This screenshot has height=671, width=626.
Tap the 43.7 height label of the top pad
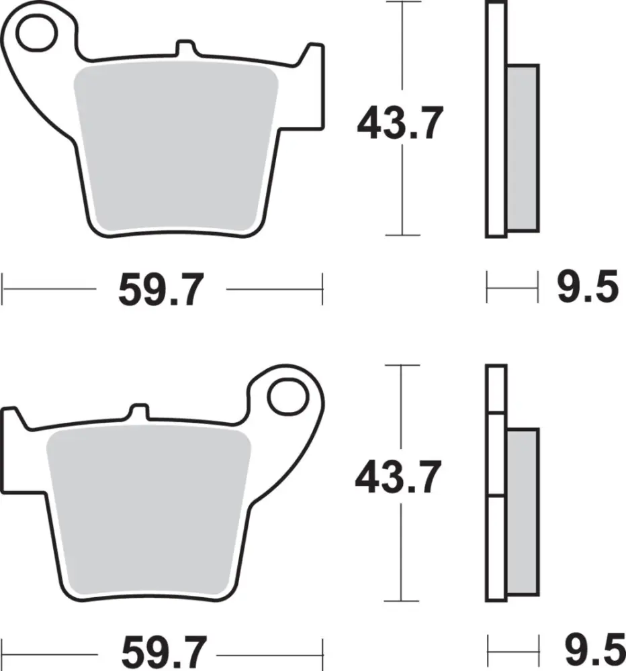400,123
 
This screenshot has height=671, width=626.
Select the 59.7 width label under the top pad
161,290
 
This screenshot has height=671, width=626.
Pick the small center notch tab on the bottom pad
138,411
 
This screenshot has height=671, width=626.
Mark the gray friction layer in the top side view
523,148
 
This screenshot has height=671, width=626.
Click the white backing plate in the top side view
496,121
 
